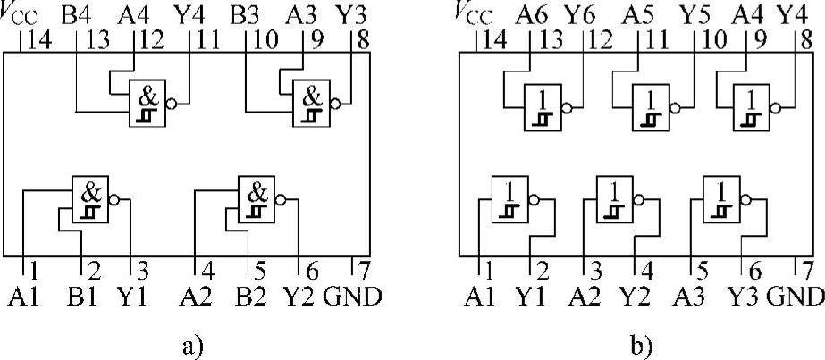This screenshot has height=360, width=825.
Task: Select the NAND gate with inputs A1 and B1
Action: point(89,198)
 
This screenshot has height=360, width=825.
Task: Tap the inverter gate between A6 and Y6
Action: point(542,105)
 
